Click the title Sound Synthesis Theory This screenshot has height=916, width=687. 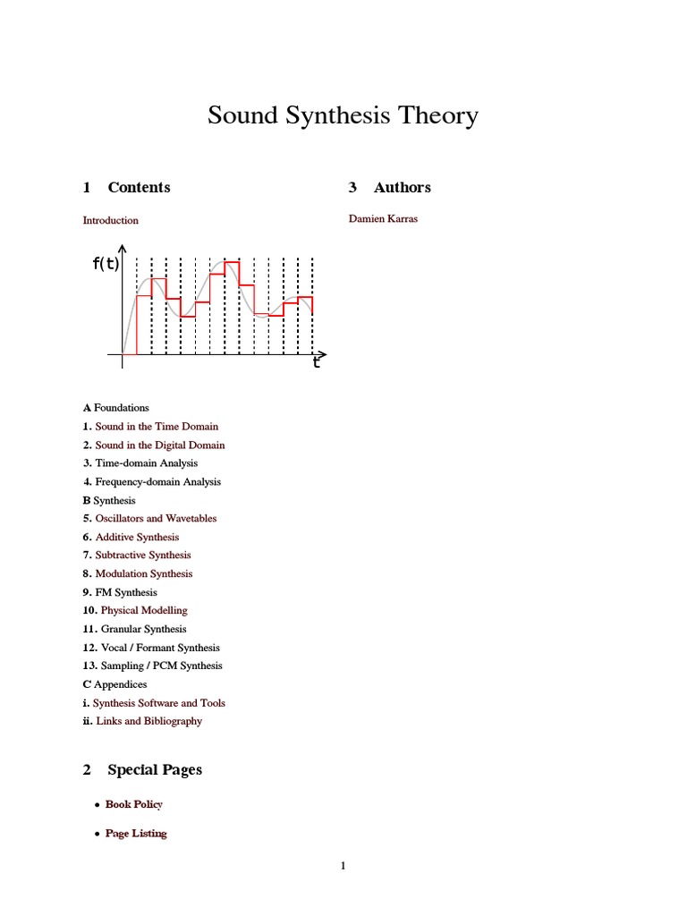pos(343,116)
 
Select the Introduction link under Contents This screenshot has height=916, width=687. pos(111,220)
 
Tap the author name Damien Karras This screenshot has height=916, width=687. pos(383,219)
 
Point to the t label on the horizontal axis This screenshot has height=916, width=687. pos(316,363)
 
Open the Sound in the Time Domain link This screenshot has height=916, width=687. pos(157,427)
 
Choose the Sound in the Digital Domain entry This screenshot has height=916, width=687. pos(160,445)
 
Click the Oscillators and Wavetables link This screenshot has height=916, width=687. pos(156,519)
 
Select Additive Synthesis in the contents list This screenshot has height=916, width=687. pos(137,538)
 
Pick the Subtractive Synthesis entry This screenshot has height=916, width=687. pos(143,556)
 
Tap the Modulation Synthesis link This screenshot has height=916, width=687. pos(144,574)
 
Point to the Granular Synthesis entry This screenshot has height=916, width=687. pos(144,630)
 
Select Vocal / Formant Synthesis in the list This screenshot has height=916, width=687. pos(160,648)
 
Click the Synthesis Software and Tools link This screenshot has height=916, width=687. pos(159,703)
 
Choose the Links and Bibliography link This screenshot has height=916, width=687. pos(148,721)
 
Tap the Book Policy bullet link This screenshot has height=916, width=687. pos(134,804)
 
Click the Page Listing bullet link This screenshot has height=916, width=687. pos(136,834)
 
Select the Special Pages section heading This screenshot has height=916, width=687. pos(155,770)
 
